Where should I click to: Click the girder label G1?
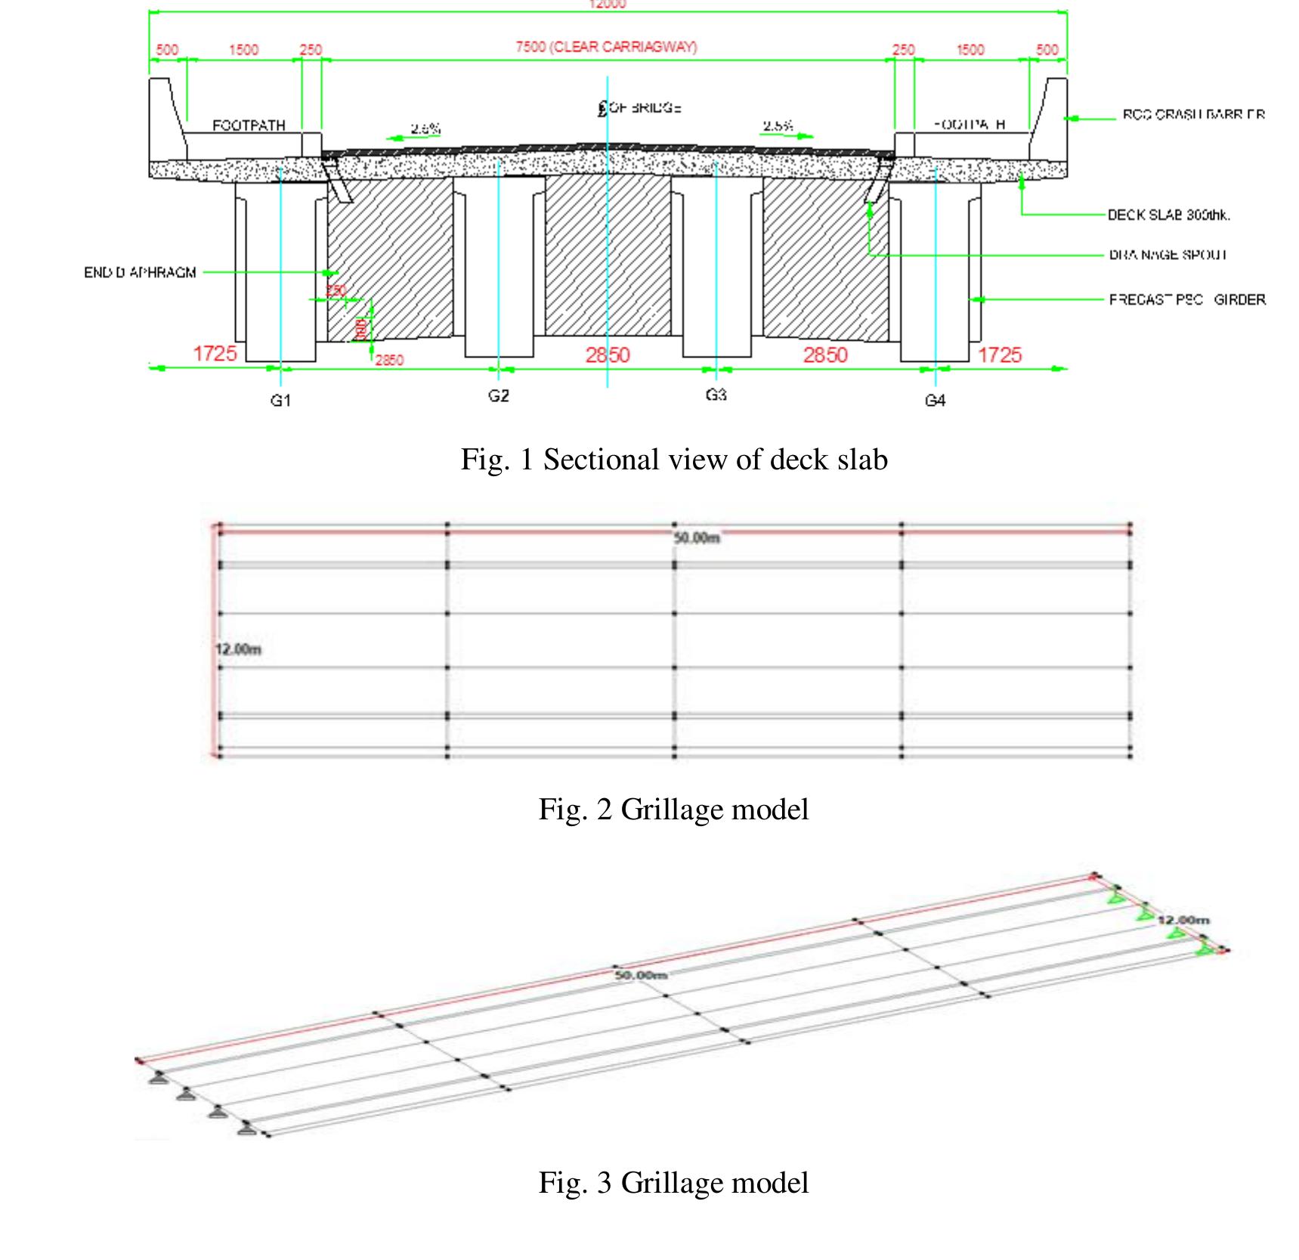click(x=280, y=401)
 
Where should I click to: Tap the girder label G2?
click(x=498, y=395)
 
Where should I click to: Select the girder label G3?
click(x=716, y=395)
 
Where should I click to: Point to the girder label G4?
click(x=935, y=401)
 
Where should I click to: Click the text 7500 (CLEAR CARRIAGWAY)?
click(x=606, y=47)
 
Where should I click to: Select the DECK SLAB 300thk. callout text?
click(x=1168, y=215)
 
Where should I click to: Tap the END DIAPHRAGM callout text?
click(x=140, y=272)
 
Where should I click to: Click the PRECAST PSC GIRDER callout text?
click(x=1186, y=300)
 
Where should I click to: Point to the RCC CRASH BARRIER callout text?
click(x=1193, y=115)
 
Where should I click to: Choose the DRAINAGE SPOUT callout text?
click(x=1168, y=255)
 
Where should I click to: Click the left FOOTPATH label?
click(x=249, y=125)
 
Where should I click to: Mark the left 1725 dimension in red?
click(x=215, y=353)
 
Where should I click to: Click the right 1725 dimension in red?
click(x=999, y=354)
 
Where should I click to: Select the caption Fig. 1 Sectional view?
click(x=674, y=460)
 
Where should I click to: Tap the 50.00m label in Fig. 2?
click(x=696, y=537)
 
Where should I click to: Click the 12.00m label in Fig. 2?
click(x=238, y=649)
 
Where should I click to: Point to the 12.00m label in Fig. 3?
click(x=1183, y=920)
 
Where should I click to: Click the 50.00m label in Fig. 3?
click(x=641, y=975)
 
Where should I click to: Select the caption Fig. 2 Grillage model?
click(x=673, y=810)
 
